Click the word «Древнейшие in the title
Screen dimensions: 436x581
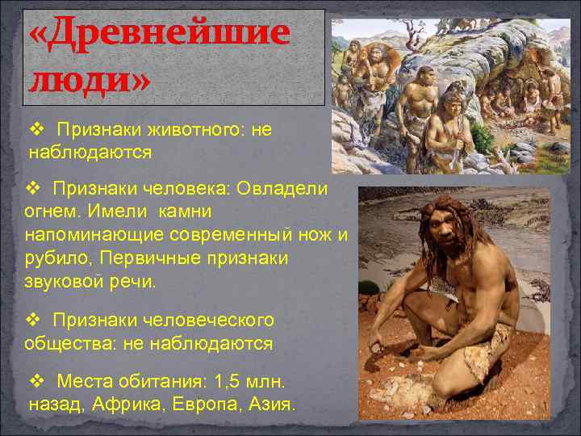159,34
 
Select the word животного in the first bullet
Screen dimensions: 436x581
184,129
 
